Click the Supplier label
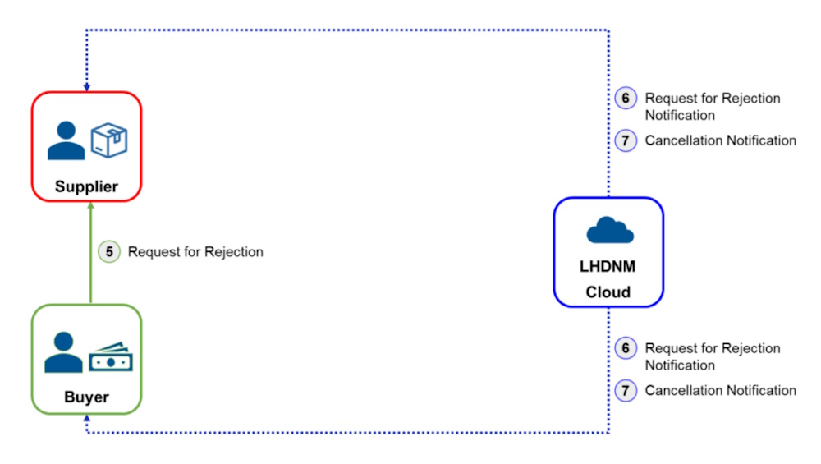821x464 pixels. tap(86, 186)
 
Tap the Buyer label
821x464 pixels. tap(86, 397)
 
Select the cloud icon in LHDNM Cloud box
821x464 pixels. tap(610, 230)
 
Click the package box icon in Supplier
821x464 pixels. tap(109, 140)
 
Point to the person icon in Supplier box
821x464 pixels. tap(66, 140)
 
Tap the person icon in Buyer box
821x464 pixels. tap(63, 352)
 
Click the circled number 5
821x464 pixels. tap(109, 252)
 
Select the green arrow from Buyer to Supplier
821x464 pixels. tap(90, 253)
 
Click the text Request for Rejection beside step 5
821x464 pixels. tap(195, 252)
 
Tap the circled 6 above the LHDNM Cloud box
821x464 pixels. tap(626, 99)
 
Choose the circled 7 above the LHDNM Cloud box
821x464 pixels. tap(626, 140)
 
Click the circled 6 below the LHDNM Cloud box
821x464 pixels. tap(626, 348)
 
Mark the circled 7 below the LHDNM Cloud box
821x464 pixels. tap(626, 391)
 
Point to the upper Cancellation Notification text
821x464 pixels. tap(721, 140)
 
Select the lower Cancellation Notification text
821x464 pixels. tap(721, 390)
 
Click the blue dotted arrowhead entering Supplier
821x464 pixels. tap(87, 87)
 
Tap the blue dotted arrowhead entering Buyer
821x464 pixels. tap(87, 419)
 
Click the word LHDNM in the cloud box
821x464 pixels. tap(608, 267)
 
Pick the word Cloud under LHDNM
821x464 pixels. tap(608, 292)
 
